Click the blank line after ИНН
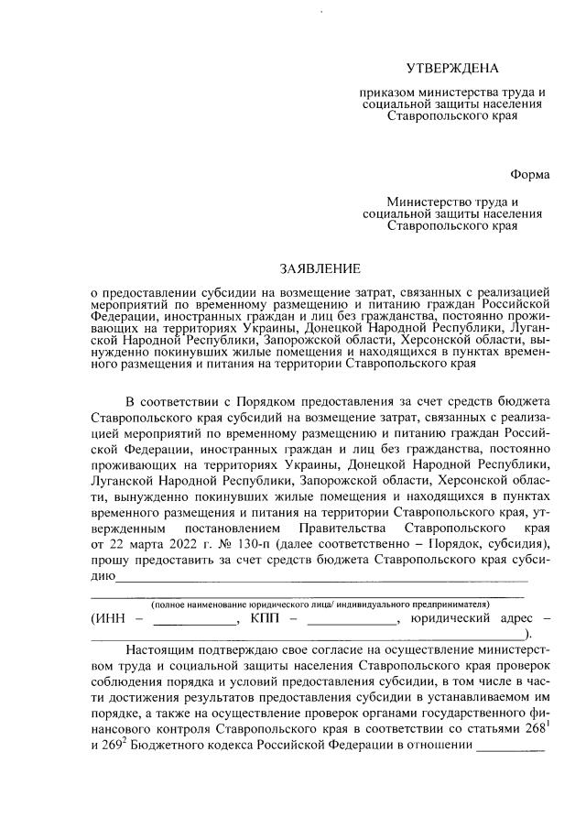(195, 622)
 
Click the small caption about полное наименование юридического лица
(320, 605)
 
